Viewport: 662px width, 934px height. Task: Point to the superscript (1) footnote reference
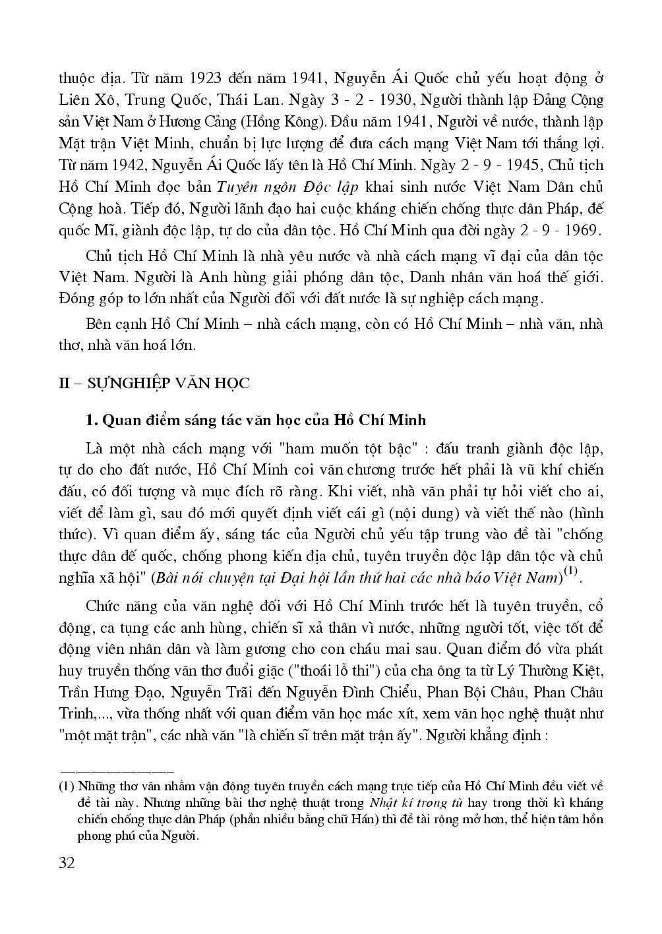(x=570, y=572)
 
